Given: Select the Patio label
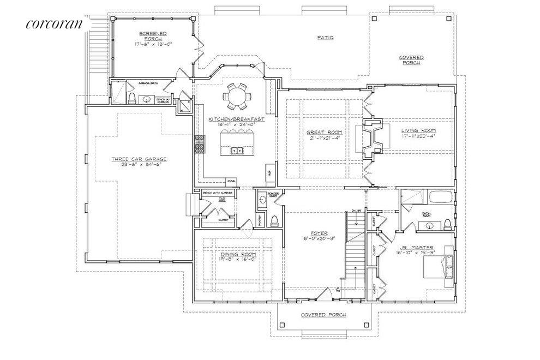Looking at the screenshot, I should coord(326,38).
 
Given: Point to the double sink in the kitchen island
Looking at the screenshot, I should coord(237,150).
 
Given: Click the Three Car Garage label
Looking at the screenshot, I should coord(139,159).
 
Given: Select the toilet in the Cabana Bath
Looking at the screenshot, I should coord(132,98).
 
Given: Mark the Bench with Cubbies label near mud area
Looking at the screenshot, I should coord(218,193).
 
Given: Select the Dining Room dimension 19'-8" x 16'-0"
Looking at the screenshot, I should coord(238,260).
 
